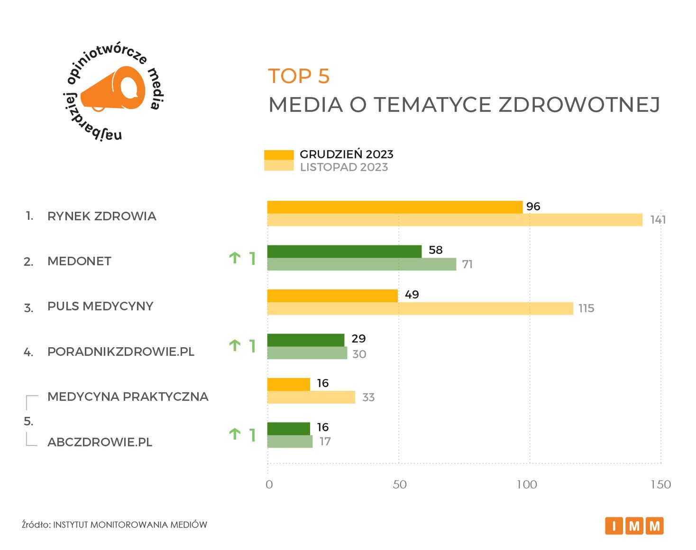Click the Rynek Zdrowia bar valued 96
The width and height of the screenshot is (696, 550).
coord(394,207)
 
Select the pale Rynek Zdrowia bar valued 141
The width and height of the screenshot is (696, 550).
coord(454,220)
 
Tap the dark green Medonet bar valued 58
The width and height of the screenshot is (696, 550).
coord(344,252)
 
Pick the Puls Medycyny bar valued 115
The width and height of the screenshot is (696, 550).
coord(420,308)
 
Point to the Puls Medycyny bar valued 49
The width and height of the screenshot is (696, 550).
coord(332,296)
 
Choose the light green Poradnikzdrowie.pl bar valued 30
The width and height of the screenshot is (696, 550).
coord(307,353)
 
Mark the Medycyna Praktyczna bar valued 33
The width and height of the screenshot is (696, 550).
coord(311,397)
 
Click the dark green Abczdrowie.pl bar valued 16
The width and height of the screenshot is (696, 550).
coord(288,428)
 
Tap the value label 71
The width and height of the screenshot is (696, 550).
coord(467,264)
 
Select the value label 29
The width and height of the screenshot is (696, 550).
coord(358,338)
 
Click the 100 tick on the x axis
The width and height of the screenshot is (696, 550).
coord(527,484)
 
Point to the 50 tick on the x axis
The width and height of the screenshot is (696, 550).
coord(400,484)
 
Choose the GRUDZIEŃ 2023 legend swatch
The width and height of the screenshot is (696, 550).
coord(279,154)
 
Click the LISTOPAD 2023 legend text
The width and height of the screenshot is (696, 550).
coord(344,167)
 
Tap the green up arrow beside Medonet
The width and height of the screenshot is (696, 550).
coord(235,258)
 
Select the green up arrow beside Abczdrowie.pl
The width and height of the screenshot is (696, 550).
coord(235,434)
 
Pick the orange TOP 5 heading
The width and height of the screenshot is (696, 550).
coord(299,76)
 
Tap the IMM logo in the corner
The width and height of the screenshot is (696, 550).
coord(634,525)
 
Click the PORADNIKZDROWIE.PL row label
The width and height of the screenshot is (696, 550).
coord(121,352)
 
